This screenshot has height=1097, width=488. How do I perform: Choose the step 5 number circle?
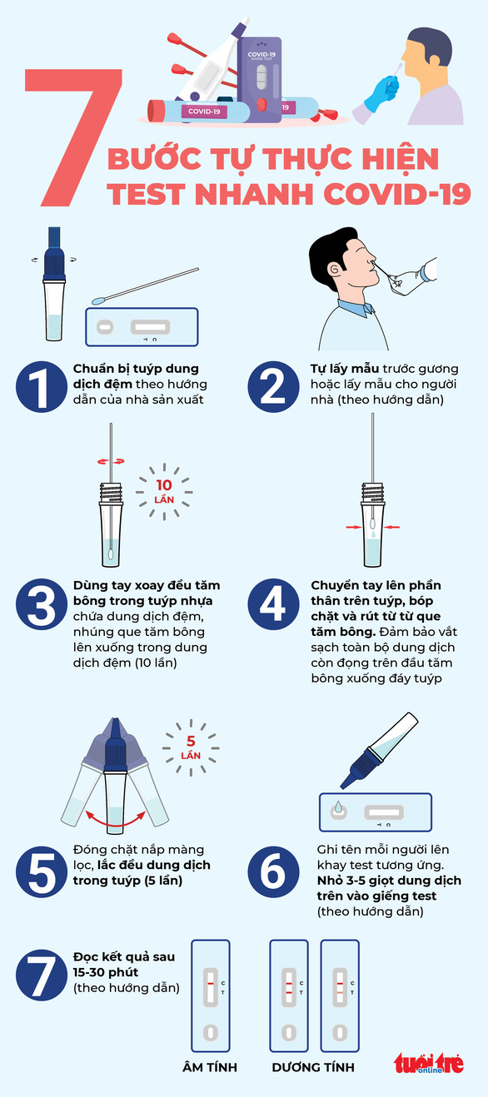pyautogui.click(x=39, y=871)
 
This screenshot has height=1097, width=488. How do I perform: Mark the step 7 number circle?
pyautogui.click(x=39, y=975)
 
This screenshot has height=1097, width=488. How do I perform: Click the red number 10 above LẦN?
pyautogui.click(x=164, y=485)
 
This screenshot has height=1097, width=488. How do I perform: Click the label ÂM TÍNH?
pyautogui.click(x=210, y=1067)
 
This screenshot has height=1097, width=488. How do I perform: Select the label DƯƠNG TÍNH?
pyautogui.click(x=313, y=1067)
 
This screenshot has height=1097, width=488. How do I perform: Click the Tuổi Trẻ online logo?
pyautogui.click(x=429, y=1064)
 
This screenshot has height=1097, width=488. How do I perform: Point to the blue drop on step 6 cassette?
pyautogui.click(x=338, y=808)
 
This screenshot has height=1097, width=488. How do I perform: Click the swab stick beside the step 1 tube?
pyautogui.click(x=146, y=285)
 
